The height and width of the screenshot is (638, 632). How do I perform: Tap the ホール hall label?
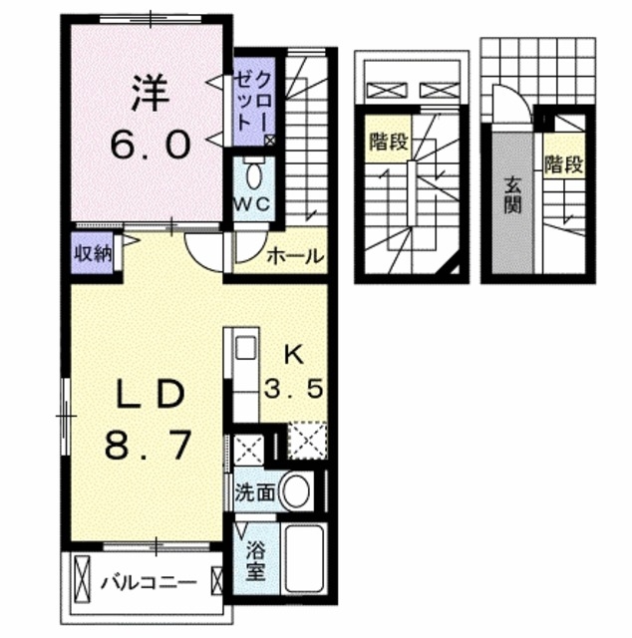pos(295,256)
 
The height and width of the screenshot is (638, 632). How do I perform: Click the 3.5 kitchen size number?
pos(293,389)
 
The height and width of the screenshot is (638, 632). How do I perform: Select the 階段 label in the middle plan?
pos(387,142)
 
